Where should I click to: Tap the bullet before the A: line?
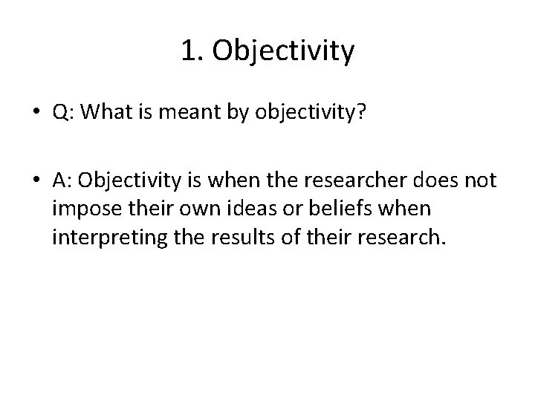pos(36,180)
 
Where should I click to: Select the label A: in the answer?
pos(62,180)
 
